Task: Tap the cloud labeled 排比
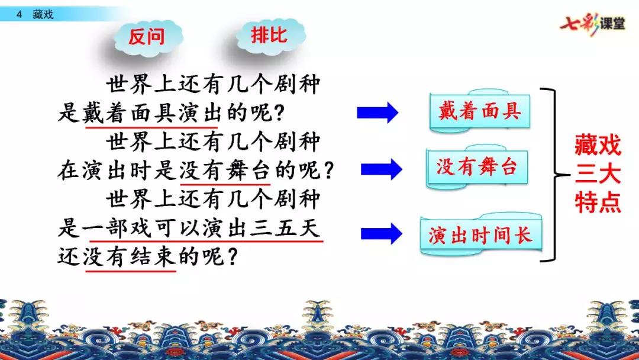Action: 269,35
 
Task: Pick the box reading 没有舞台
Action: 477,168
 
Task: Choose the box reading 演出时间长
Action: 480,235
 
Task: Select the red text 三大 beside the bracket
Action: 598,173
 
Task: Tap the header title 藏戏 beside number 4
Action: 43,14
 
